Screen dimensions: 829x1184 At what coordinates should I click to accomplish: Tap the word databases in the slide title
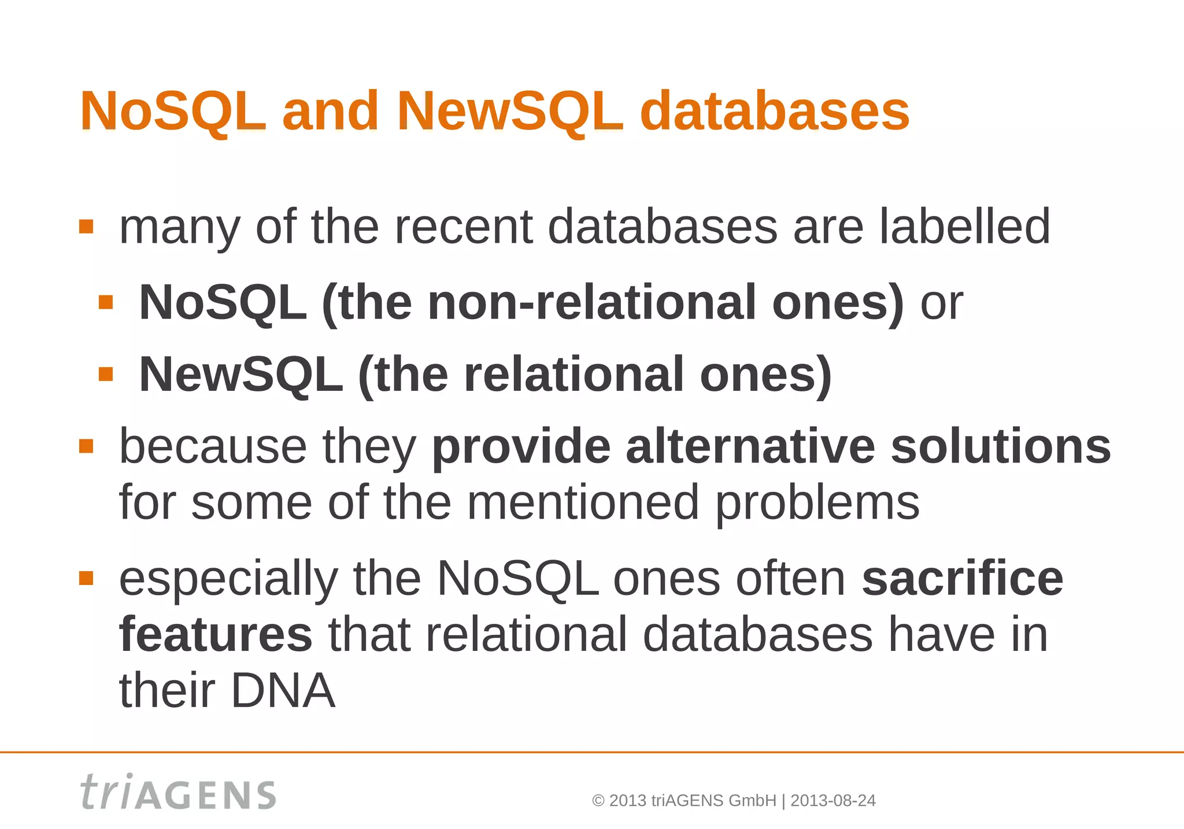coord(775,111)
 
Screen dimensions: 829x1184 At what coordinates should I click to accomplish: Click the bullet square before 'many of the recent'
coord(86,226)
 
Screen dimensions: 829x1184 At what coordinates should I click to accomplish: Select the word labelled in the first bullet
coord(964,227)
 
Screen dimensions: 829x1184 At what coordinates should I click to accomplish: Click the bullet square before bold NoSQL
coord(106,302)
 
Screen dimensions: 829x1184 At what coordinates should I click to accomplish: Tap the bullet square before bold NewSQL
coord(106,375)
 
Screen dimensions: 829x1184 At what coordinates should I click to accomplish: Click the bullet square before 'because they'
coord(86,446)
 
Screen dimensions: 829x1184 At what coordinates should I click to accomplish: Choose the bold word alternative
coord(750,446)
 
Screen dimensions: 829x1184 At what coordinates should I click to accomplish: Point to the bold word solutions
coord(1000,446)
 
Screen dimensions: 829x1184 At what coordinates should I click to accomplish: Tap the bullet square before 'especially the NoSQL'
coord(86,578)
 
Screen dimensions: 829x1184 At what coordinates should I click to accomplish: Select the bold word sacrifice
coord(962,578)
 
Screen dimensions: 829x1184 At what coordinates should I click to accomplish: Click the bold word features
coord(216,634)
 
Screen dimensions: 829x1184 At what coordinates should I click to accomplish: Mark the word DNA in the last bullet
coord(283,691)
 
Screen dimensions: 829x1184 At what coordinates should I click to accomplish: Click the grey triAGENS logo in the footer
coord(178,793)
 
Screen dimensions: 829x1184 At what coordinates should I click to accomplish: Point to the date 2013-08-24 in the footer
coord(832,801)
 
